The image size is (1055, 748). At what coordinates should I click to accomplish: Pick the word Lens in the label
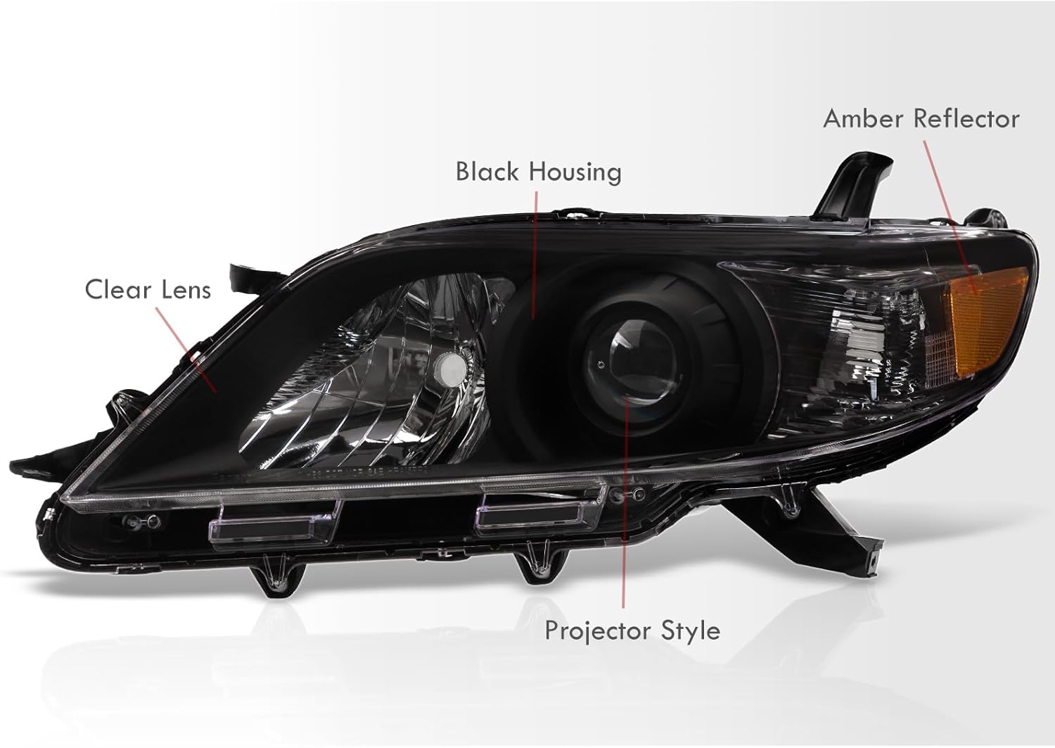(x=184, y=289)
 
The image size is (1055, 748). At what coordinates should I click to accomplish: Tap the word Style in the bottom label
(x=691, y=630)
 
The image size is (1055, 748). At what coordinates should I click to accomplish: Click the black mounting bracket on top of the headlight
(x=847, y=179)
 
